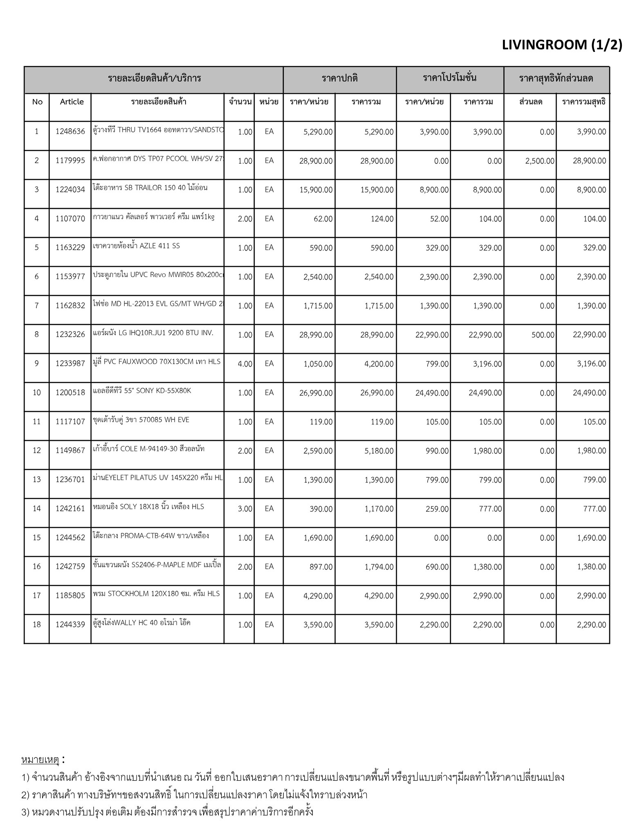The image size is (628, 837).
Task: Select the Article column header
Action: tap(72, 102)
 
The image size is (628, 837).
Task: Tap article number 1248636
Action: tap(70, 131)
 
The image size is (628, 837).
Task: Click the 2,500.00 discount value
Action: tap(540, 161)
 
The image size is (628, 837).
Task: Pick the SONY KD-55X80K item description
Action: tap(142, 391)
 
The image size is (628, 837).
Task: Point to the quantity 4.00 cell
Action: tap(245, 364)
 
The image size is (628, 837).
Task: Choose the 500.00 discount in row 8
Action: tap(543, 335)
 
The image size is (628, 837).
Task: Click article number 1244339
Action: tap(70, 624)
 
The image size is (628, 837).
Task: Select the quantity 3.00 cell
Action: tap(245, 509)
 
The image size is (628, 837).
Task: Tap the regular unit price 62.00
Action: tap(323, 219)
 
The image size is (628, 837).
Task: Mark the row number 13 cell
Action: tap(37, 479)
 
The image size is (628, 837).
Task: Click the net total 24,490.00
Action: tap(589, 393)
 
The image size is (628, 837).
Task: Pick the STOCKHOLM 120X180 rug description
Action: tap(156, 593)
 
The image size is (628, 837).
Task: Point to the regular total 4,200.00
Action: tap(379, 364)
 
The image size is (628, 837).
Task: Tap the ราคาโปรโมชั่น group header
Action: tap(450, 78)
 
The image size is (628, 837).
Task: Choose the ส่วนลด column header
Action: tap(531, 102)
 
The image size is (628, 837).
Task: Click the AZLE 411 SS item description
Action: tap(136, 246)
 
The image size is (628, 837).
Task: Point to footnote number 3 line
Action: tap(167, 811)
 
